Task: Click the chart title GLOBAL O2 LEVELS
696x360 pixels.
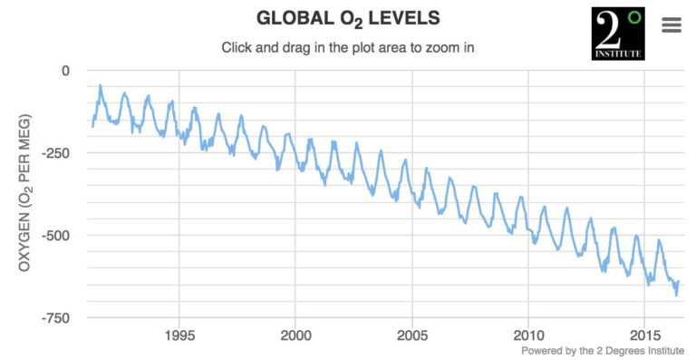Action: click(x=348, y=19)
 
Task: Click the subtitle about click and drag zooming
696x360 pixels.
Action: click(x=348, y=47)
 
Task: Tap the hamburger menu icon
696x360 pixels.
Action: click(x=672, y=24)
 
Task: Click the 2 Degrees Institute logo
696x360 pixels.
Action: click(x=618, y=34)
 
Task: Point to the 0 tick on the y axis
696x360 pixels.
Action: click(x=64, y=70)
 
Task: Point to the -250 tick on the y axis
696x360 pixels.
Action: click(x=58, y=152)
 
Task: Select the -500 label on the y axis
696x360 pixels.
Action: click(x=58, y=235)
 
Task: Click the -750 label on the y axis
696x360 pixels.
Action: click(x=58, y=317)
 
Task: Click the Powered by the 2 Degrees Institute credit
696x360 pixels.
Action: click(x=603, y=350)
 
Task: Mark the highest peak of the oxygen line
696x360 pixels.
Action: click(x=100, y=86)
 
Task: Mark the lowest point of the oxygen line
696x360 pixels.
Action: click(x=676, y=295)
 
